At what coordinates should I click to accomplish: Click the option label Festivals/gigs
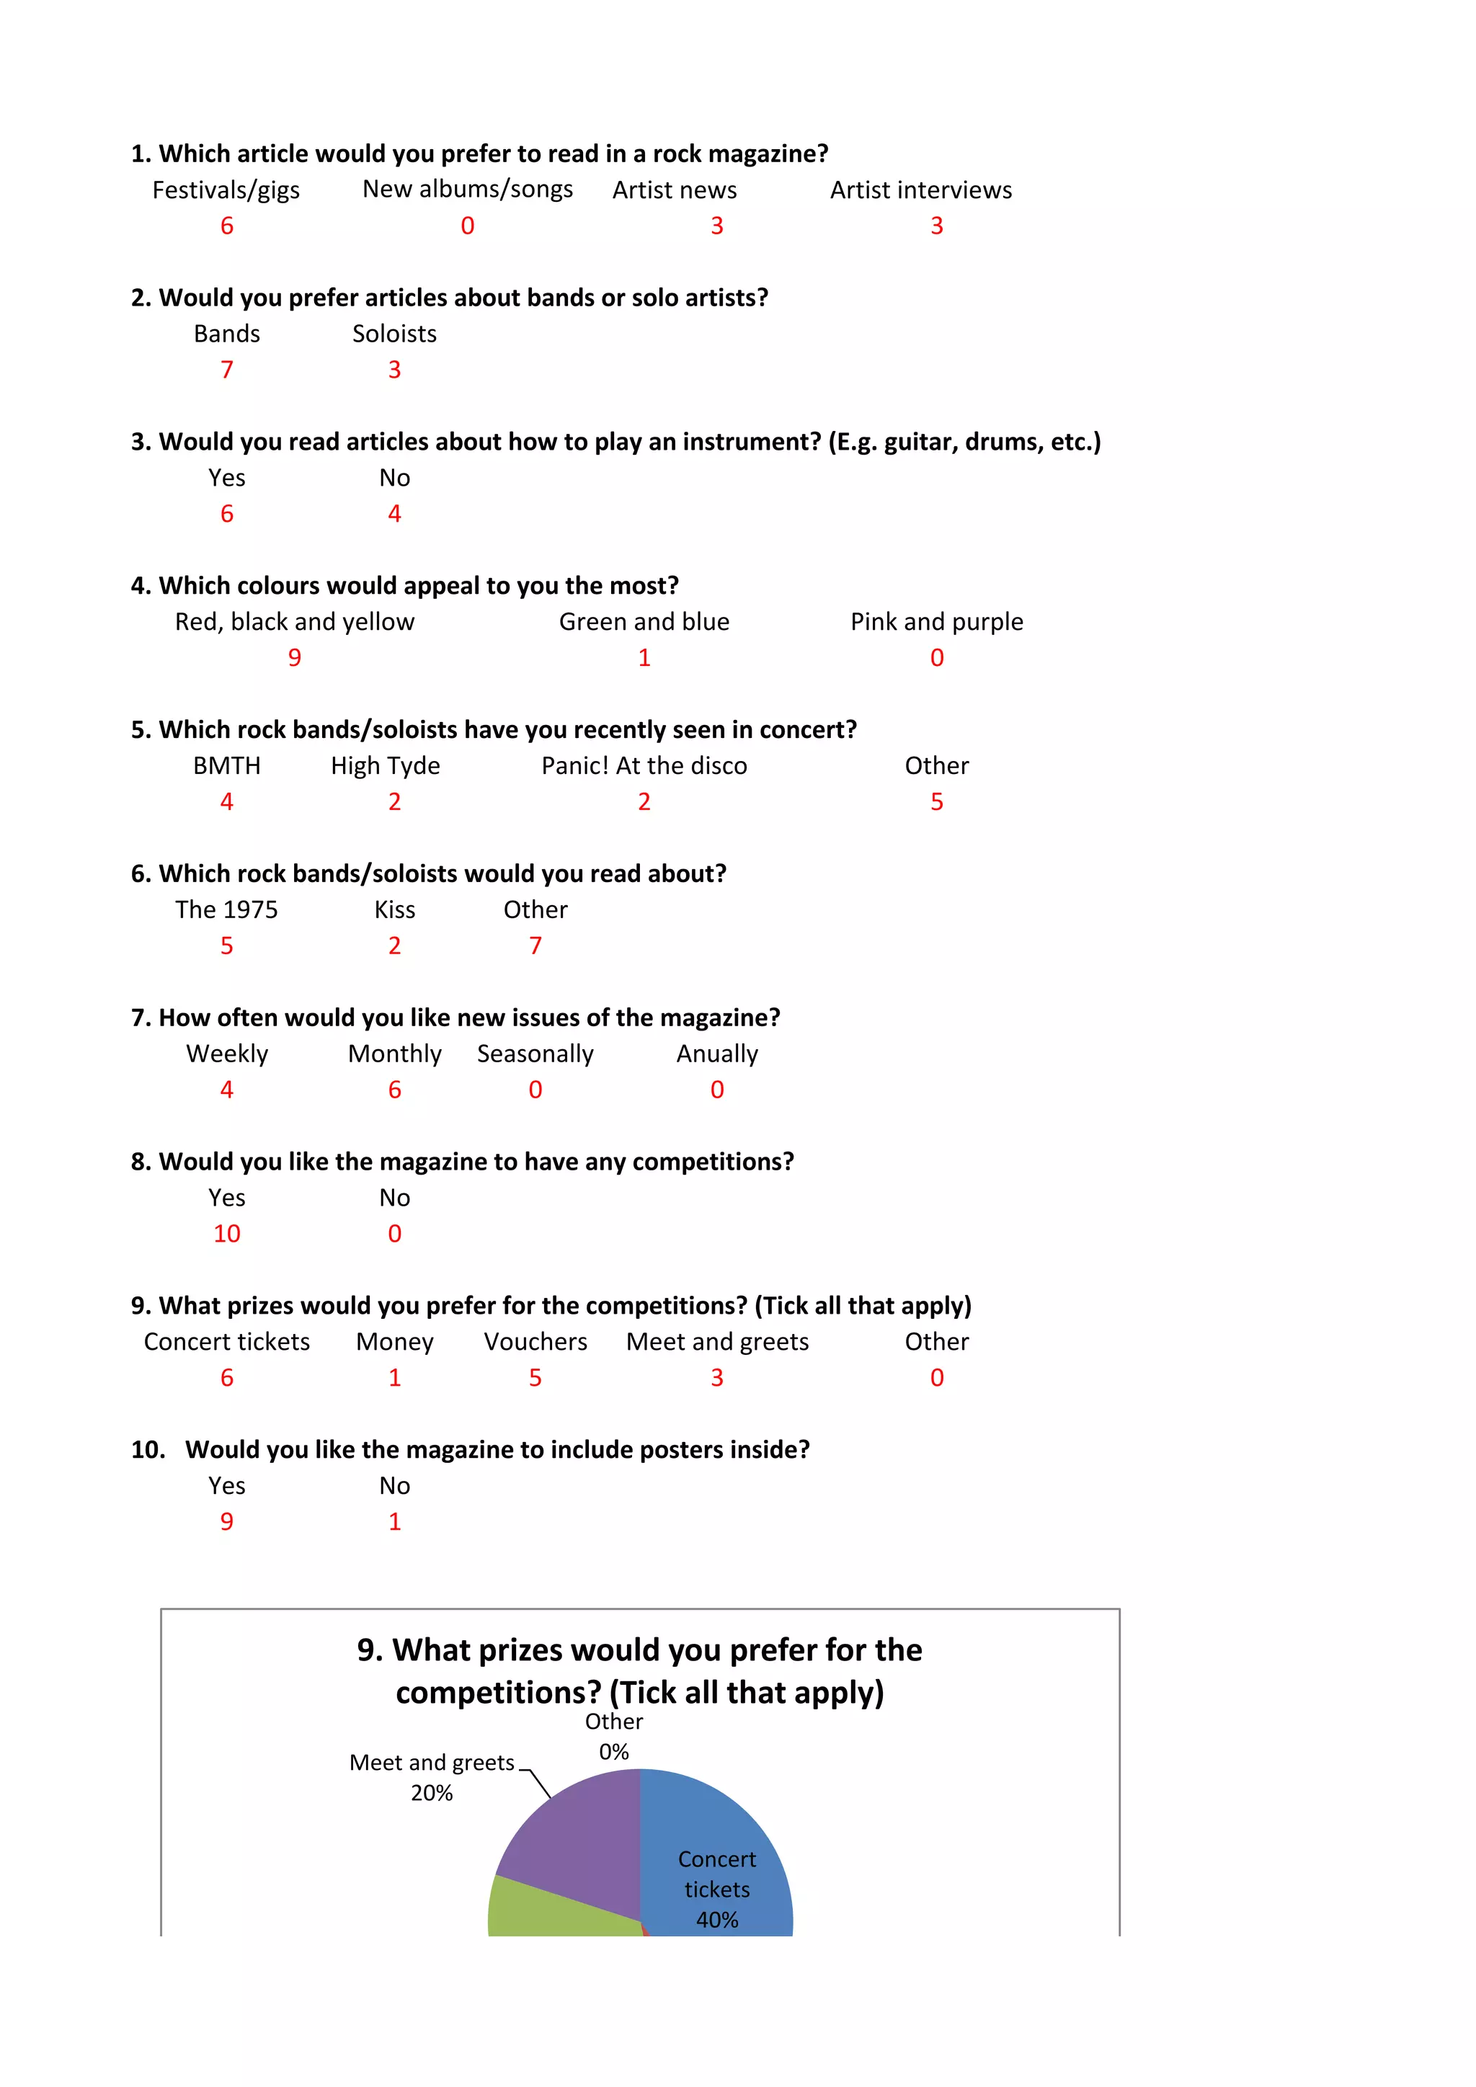[226, 190]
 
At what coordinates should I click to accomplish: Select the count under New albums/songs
[467, 226]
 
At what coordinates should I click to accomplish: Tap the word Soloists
[394, 334]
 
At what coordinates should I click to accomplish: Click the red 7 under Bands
[226, 370]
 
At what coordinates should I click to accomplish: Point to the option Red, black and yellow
[295, 622]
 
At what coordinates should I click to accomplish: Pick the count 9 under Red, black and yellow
[295, 657]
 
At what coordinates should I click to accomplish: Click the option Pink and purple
[936, 622]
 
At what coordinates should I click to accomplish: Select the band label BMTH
[226, 765]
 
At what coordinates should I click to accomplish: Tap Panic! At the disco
[644, 765]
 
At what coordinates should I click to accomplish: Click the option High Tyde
[386, 765]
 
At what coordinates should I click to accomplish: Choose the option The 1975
[226, 910]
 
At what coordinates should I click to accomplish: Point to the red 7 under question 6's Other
[535, 945]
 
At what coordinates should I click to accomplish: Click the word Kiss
[394, 910]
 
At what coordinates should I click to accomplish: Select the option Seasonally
[535, 1054]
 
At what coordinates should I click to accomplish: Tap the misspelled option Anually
[717, 1054]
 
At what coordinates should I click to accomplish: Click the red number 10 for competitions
[226, 1234]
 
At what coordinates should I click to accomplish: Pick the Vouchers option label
[535, 1342]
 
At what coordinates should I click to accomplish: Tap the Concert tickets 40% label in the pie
[717, 1889]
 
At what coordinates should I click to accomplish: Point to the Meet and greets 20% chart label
[432, 1777]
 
